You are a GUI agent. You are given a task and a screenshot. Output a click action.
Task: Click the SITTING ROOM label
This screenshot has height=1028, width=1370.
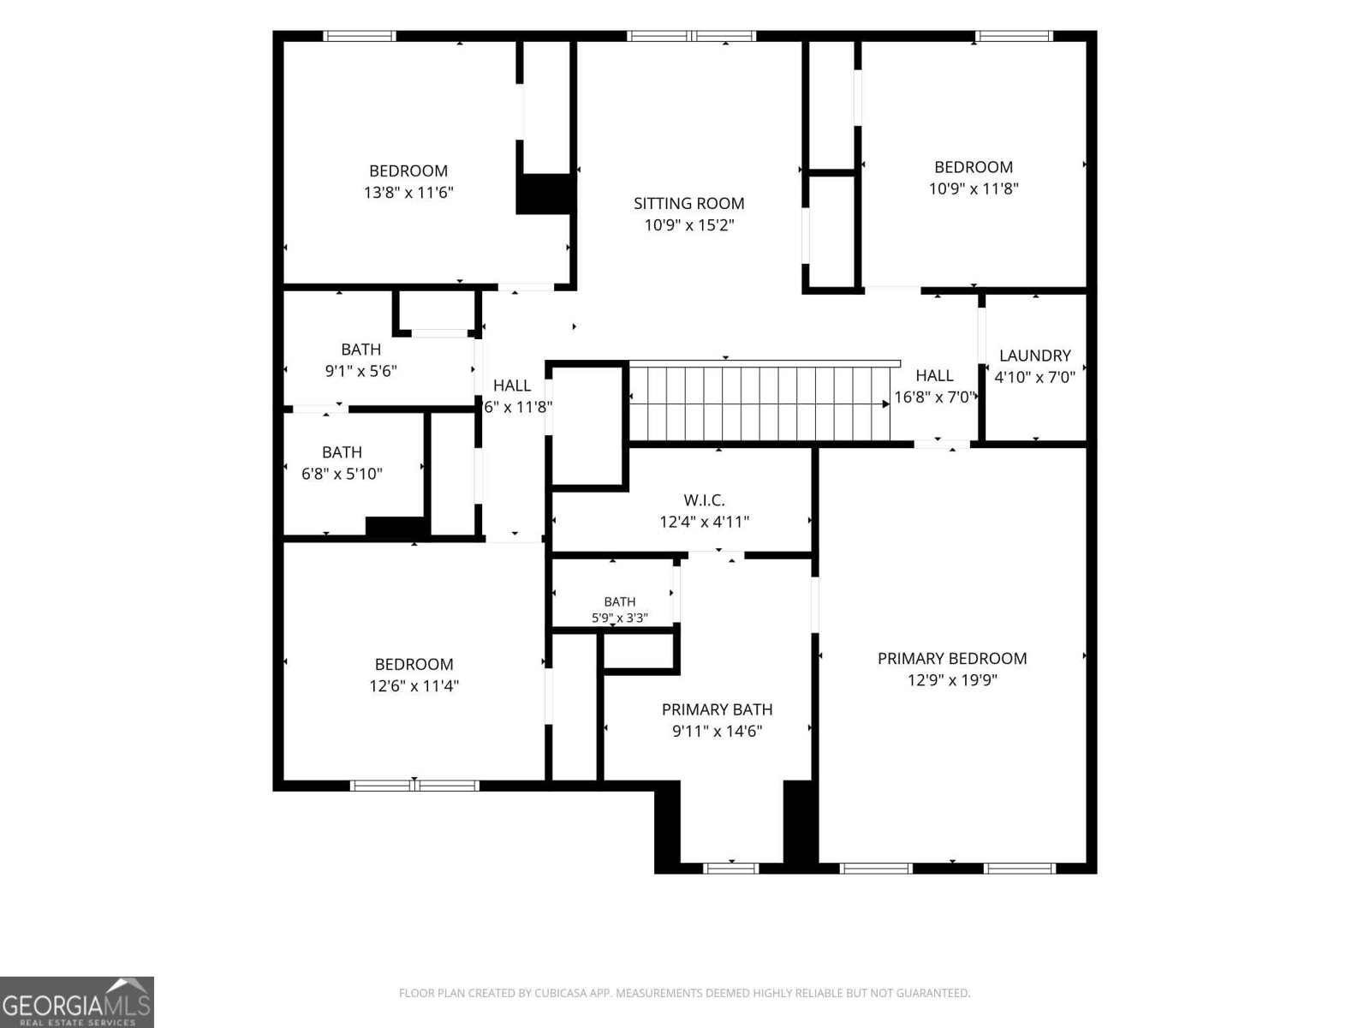coord(688,204)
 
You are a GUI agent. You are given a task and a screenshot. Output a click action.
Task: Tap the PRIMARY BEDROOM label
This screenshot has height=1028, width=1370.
coord(952,659)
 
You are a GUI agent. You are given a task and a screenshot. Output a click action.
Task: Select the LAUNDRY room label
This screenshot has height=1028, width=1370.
coord(1035,356)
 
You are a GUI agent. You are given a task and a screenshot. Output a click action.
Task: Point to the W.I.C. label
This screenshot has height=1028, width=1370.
coord(704,500)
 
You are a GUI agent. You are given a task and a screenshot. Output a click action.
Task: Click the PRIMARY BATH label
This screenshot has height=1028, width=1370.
coord(718,709)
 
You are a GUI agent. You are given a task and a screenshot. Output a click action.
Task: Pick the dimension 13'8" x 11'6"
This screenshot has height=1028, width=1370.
coord(408,192)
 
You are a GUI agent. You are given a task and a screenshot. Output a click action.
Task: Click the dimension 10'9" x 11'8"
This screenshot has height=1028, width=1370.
coord(974,188)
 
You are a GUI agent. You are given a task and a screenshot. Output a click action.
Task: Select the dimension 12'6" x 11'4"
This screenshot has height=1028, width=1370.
coord(414,686)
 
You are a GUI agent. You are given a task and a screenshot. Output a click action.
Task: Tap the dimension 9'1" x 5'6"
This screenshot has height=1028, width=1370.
coord(360,371)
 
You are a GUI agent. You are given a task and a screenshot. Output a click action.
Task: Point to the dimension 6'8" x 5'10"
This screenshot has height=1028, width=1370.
coord(342,474)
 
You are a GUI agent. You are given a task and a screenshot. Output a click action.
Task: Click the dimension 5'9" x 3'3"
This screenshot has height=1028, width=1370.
coord(620,618)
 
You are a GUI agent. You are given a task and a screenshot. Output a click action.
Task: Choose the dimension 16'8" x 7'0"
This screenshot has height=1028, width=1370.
coord(935,397)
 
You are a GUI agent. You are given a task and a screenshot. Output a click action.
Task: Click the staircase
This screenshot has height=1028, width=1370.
coord(759,403)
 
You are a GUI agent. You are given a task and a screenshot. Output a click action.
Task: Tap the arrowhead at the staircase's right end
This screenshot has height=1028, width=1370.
coord(885,404)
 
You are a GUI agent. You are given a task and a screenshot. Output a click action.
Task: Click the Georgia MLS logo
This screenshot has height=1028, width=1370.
coord(77,1002)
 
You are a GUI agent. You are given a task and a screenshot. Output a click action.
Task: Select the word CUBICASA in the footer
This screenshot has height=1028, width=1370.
coord(560,993)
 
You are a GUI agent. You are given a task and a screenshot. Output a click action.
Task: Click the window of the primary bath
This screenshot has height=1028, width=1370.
coord(731,868)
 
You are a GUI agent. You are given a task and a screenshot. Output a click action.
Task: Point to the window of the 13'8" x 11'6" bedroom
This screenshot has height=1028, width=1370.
coord(360,36)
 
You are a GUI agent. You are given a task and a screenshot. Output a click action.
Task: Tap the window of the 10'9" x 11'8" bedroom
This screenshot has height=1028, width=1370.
coord(1015,36)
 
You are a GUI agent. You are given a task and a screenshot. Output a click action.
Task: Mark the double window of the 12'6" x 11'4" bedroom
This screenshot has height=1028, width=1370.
coord(414,786)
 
